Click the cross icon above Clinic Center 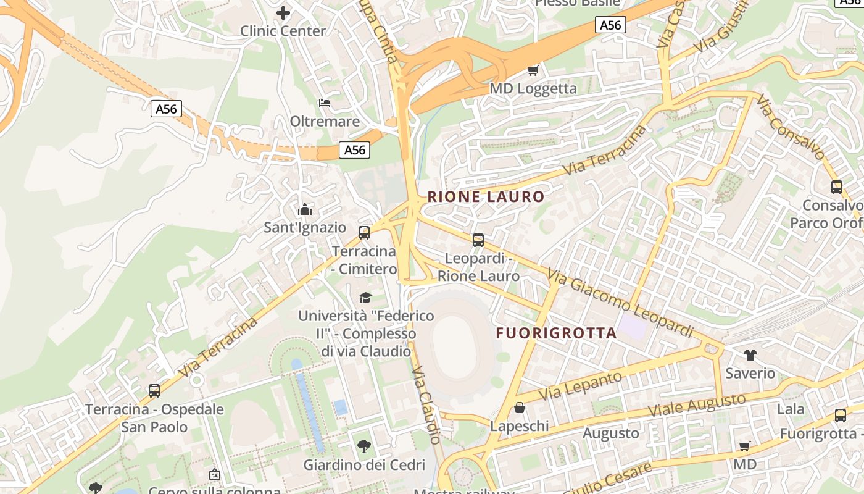[283, 12]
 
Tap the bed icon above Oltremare [325, 103]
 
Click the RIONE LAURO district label [486, 197]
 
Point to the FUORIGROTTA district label [556, 333]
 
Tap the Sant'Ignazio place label [305, 227]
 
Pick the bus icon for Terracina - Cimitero [364, 233]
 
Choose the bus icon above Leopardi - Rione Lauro [478, 240]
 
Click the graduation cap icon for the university [366, 298]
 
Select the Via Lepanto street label [580, 386]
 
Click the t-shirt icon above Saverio [750, 354]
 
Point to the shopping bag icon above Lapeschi [520, 408]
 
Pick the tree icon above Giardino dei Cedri [364, 446]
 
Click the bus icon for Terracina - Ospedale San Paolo [154, 390]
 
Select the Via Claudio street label [426, 404]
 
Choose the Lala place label [791, 409]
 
